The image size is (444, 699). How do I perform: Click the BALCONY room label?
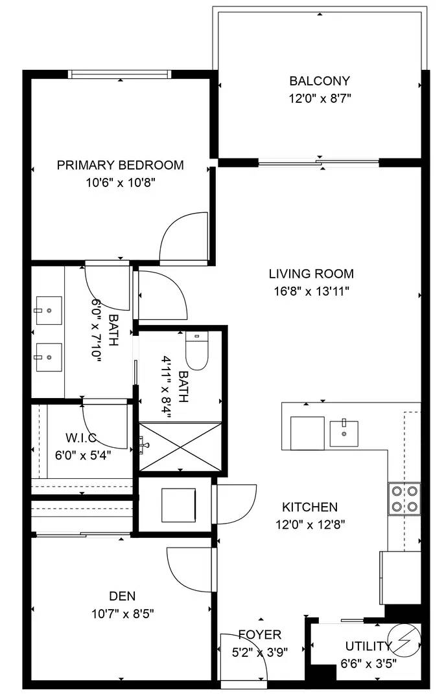point(320,81)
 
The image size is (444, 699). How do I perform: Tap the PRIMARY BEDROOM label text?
point(120,165)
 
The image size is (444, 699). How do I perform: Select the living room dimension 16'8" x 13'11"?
point(312,291)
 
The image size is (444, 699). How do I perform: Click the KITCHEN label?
point(310,507)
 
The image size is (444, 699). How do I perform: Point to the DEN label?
point(122,595)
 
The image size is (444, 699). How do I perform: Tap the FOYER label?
point(259,634)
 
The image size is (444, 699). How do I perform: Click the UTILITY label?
point(368,646)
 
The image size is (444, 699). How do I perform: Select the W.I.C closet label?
point(80,437)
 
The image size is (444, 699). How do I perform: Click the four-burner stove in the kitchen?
point(404,498)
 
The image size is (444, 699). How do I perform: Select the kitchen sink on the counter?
point(344,432)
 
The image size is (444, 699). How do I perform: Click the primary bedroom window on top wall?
point(121,74)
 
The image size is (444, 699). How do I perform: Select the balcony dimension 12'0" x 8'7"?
point(320,98)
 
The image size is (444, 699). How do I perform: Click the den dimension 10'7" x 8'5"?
point(122,613)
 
